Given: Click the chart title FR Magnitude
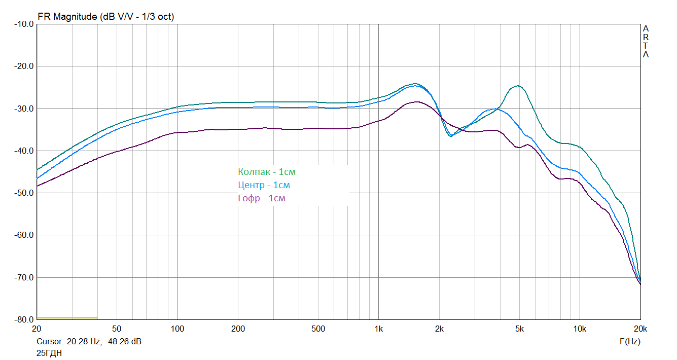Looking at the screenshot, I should [x=105, y=17].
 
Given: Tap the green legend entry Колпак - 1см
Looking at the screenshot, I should [x=266, y=172].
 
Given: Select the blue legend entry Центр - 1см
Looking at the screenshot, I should [x=264, y=185].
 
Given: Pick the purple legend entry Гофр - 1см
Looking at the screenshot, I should [x=261, y=198].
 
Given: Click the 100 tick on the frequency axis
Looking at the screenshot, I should [x=177, y=329].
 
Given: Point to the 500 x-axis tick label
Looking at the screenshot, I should [x=318, y=329].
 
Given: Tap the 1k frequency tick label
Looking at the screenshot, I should [x=378, y=329].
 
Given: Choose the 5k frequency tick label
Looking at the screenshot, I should [x=519, y=329].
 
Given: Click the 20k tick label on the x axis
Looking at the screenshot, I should [x=640, y=329].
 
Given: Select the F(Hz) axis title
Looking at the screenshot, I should [x=630, y=341].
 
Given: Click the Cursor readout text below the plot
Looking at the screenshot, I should [x=89, y=341].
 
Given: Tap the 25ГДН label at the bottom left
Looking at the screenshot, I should [x=49, y=353].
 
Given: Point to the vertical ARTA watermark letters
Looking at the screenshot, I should [x=646, y=42].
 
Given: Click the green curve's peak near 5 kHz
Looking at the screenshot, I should [x=517, y=86].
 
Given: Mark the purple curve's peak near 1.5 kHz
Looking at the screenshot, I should [x=417, y=102].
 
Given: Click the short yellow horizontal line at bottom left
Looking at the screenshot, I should [x=67, y=318].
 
